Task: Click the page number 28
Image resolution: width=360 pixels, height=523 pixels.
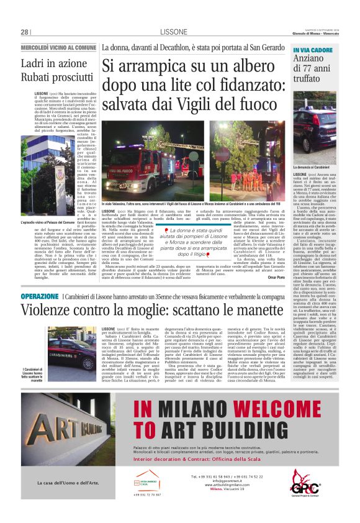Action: point(24,32)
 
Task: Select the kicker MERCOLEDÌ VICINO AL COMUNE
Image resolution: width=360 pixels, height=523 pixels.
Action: point(59,47)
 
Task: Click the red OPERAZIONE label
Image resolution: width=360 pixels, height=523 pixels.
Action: point(40,297)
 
